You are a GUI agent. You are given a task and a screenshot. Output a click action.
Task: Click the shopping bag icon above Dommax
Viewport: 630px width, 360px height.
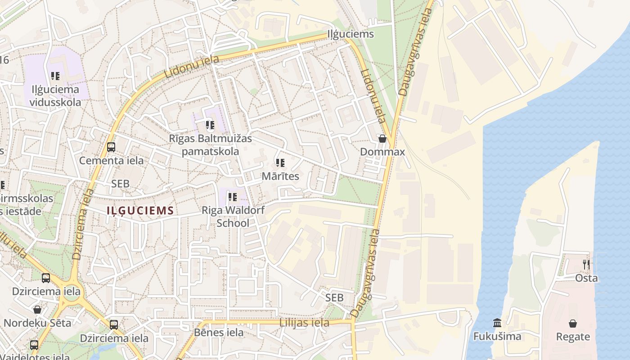[x=382, y=139]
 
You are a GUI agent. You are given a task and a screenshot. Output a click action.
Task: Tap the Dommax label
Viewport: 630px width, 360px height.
[x=382, y=152]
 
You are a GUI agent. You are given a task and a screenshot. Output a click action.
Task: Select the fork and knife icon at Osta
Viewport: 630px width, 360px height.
[x=586, y=265]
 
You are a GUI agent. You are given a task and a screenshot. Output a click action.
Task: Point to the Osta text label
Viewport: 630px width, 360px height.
[x=586, y=278]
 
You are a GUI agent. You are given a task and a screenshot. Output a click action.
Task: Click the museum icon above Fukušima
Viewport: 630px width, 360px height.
[x=497, y=323]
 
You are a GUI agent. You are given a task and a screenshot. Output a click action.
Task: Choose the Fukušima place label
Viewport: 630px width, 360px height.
[x=497, y=336]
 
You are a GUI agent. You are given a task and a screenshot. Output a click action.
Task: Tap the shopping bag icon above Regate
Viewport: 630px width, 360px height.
[x=573, y=323]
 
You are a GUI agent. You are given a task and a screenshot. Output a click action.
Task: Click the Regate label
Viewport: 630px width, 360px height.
[x=573, y=337]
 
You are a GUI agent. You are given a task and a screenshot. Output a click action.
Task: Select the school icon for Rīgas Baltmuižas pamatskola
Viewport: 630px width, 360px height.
[x=210, y=125]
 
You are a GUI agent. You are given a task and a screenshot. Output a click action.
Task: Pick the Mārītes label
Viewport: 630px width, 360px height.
[x=280, y=176]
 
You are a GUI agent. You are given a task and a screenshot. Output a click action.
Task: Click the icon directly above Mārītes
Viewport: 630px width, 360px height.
[x=280, y=163]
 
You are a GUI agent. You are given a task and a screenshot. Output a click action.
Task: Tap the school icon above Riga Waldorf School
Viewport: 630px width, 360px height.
[x=232, y=197]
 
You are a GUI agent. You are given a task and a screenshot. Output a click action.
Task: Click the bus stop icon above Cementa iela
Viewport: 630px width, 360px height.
[x=111, y=147]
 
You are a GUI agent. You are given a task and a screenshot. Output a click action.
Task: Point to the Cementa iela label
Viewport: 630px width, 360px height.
[x=111, y=161]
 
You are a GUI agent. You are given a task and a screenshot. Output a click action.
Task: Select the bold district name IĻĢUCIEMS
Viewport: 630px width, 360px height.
[x=140, y=210]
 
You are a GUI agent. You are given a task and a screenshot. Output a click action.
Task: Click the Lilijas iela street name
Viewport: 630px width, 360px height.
[x=304, y=323]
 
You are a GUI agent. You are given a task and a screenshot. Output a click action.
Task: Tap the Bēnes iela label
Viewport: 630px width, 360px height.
[x=219, y=333]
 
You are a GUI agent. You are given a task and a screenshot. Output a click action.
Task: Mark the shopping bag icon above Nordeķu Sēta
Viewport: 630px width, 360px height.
[x=37, y=310]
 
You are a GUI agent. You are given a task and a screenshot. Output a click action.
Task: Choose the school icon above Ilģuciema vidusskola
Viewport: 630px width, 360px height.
[x=55, y=76]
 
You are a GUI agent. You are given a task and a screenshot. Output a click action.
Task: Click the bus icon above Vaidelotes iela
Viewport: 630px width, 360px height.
[x=34, y=345]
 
